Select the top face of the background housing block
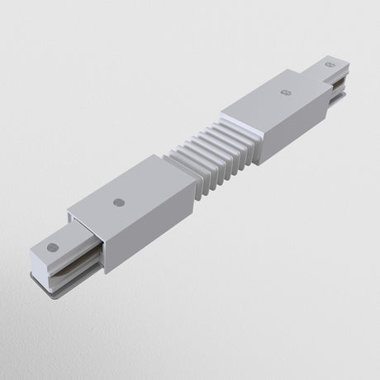pos(273,103)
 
